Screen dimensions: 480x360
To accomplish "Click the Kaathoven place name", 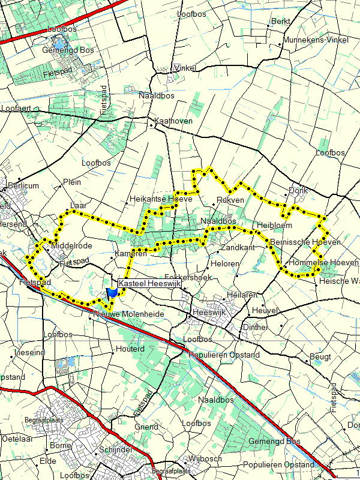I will (175, 121).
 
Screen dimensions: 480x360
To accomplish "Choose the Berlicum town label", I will (24, 185).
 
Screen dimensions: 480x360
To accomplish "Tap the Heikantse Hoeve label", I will (160, 199).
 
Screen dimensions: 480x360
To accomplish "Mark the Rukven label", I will (231, 200).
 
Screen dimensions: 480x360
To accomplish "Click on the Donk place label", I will (298, 190).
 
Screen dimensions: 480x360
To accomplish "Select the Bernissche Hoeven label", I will (305, 242).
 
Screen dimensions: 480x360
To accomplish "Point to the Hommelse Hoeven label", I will (323, 263).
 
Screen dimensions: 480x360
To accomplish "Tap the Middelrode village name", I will (72, 246).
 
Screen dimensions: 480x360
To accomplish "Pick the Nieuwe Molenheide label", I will (129, 313).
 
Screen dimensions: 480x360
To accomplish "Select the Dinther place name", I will (255, 327).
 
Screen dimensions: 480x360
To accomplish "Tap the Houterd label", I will (131, 349).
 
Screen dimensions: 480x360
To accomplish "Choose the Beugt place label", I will (319, 356).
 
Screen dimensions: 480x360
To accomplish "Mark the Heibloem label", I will (274, 225).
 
